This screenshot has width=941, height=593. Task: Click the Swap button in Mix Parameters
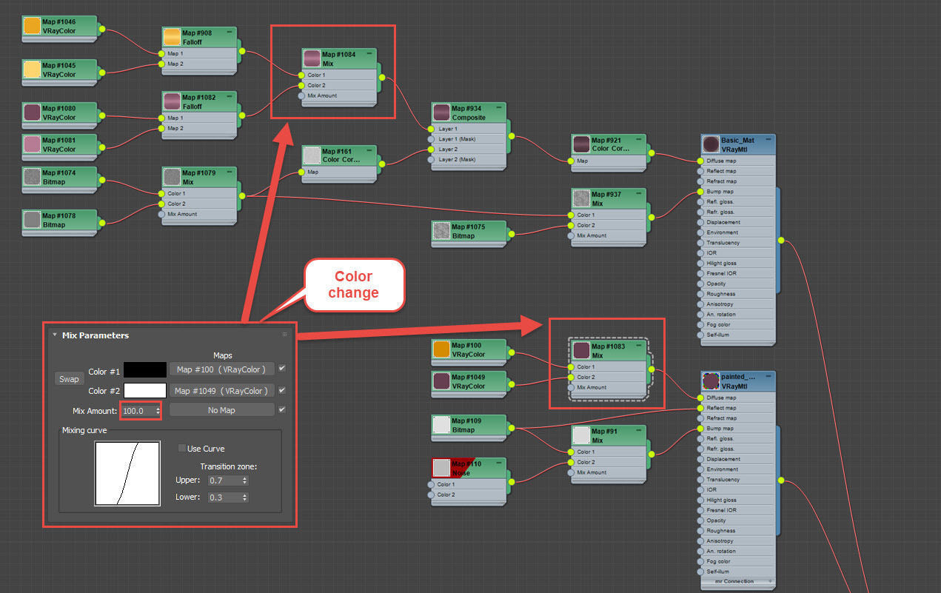click(69, 379)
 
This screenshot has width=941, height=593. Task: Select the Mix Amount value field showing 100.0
click(138, 410)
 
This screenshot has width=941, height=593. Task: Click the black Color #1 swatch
click(145, 370)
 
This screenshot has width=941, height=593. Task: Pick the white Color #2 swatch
click(145, 390)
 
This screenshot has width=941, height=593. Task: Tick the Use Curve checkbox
click(182, 448)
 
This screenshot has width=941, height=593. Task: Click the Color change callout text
click(353, 284)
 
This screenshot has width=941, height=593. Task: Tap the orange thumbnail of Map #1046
click(32, 26)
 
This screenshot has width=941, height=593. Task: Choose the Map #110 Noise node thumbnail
click(441, 468)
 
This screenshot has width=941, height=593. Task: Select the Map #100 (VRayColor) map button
click(221, 369)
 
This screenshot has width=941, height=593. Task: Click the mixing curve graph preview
click(127, 474)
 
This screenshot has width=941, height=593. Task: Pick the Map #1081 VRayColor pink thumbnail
click(32, 144)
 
